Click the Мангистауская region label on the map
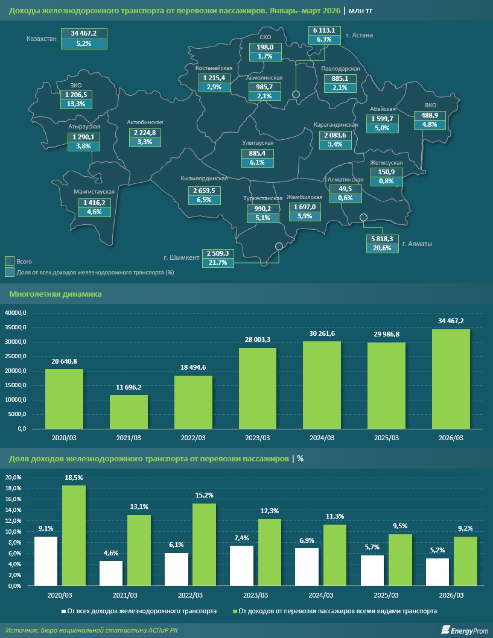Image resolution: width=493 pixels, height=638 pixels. [x=94, y=192]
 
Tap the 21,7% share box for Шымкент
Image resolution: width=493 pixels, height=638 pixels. [x=217, y=263]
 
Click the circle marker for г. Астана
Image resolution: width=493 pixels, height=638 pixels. [x=296, y=94]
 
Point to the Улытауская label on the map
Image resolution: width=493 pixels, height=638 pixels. [x=258, y=143]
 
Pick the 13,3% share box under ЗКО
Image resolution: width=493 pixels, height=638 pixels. [x=76, y=104]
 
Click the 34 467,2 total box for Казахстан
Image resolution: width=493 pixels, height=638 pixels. [x=84, y=33]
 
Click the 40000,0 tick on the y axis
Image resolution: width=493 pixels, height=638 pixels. [x=16, y=313]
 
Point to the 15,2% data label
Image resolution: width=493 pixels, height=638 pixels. [x=204, y=495]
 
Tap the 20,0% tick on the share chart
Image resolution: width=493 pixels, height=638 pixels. [x=13, y=477]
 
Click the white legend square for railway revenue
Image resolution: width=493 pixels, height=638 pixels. [x=63, y=611]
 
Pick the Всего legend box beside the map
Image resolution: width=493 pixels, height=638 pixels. [x=10, y=262]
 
